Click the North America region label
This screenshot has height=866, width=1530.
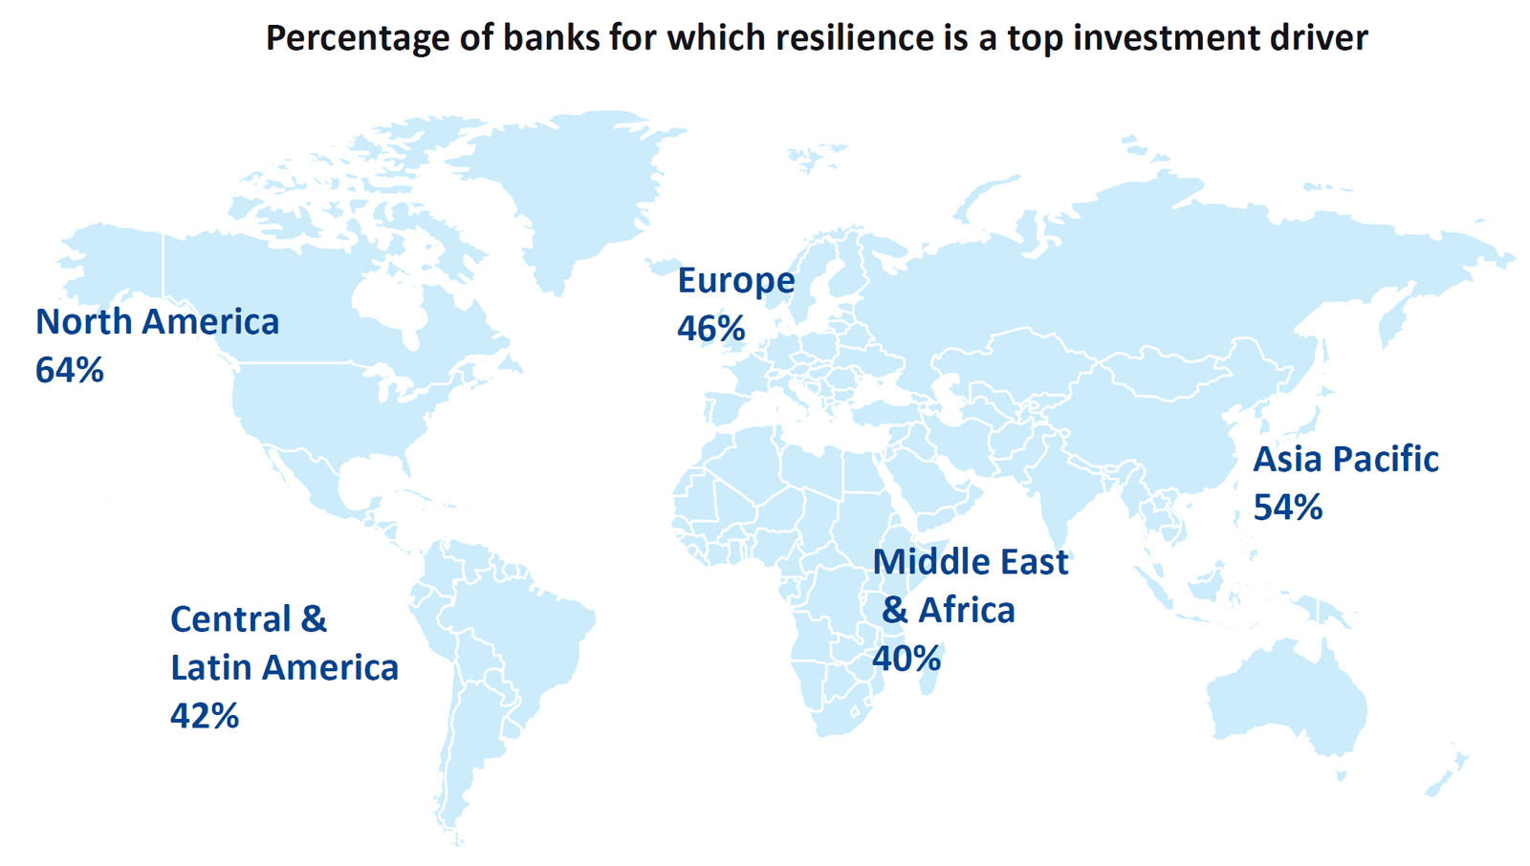coord(157,322)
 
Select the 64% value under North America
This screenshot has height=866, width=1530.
coord(69,371)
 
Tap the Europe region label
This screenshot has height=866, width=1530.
coord(735,281)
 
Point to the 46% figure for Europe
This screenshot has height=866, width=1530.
coord(710,329)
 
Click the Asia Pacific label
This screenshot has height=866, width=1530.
coord(1345,460)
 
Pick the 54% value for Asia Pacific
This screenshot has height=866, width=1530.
coord(1287,508)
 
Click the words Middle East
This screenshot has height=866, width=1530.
coord(970,562)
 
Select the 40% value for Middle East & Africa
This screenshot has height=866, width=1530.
coord(906,659)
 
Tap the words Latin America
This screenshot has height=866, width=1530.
coord(284,668)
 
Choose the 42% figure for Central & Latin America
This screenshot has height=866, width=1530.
coord(204,716)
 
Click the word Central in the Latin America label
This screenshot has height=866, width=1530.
coord(230,619)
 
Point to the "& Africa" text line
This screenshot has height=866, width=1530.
coord(948,610)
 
